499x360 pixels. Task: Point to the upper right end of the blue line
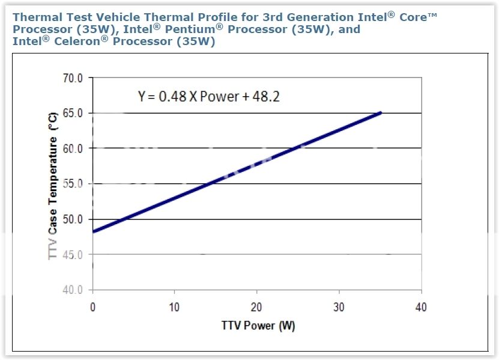[380, 112]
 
